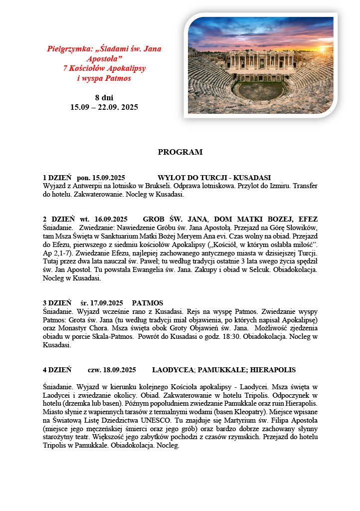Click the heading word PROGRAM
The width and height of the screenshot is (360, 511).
[180, 152]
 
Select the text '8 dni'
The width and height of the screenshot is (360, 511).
[104, 97]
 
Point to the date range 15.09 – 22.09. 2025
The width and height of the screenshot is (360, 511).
[104, 107]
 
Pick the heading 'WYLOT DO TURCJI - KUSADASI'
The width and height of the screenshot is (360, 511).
[214, 178]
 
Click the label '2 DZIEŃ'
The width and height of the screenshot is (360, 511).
[59, 220]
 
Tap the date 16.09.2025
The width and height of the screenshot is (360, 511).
[108, 220]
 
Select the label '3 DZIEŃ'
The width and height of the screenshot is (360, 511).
[57, 303]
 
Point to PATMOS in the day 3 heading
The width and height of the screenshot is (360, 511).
[148, 303]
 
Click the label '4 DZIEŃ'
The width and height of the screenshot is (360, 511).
[57, 370]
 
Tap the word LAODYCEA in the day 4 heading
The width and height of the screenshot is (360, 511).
[173, 370]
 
